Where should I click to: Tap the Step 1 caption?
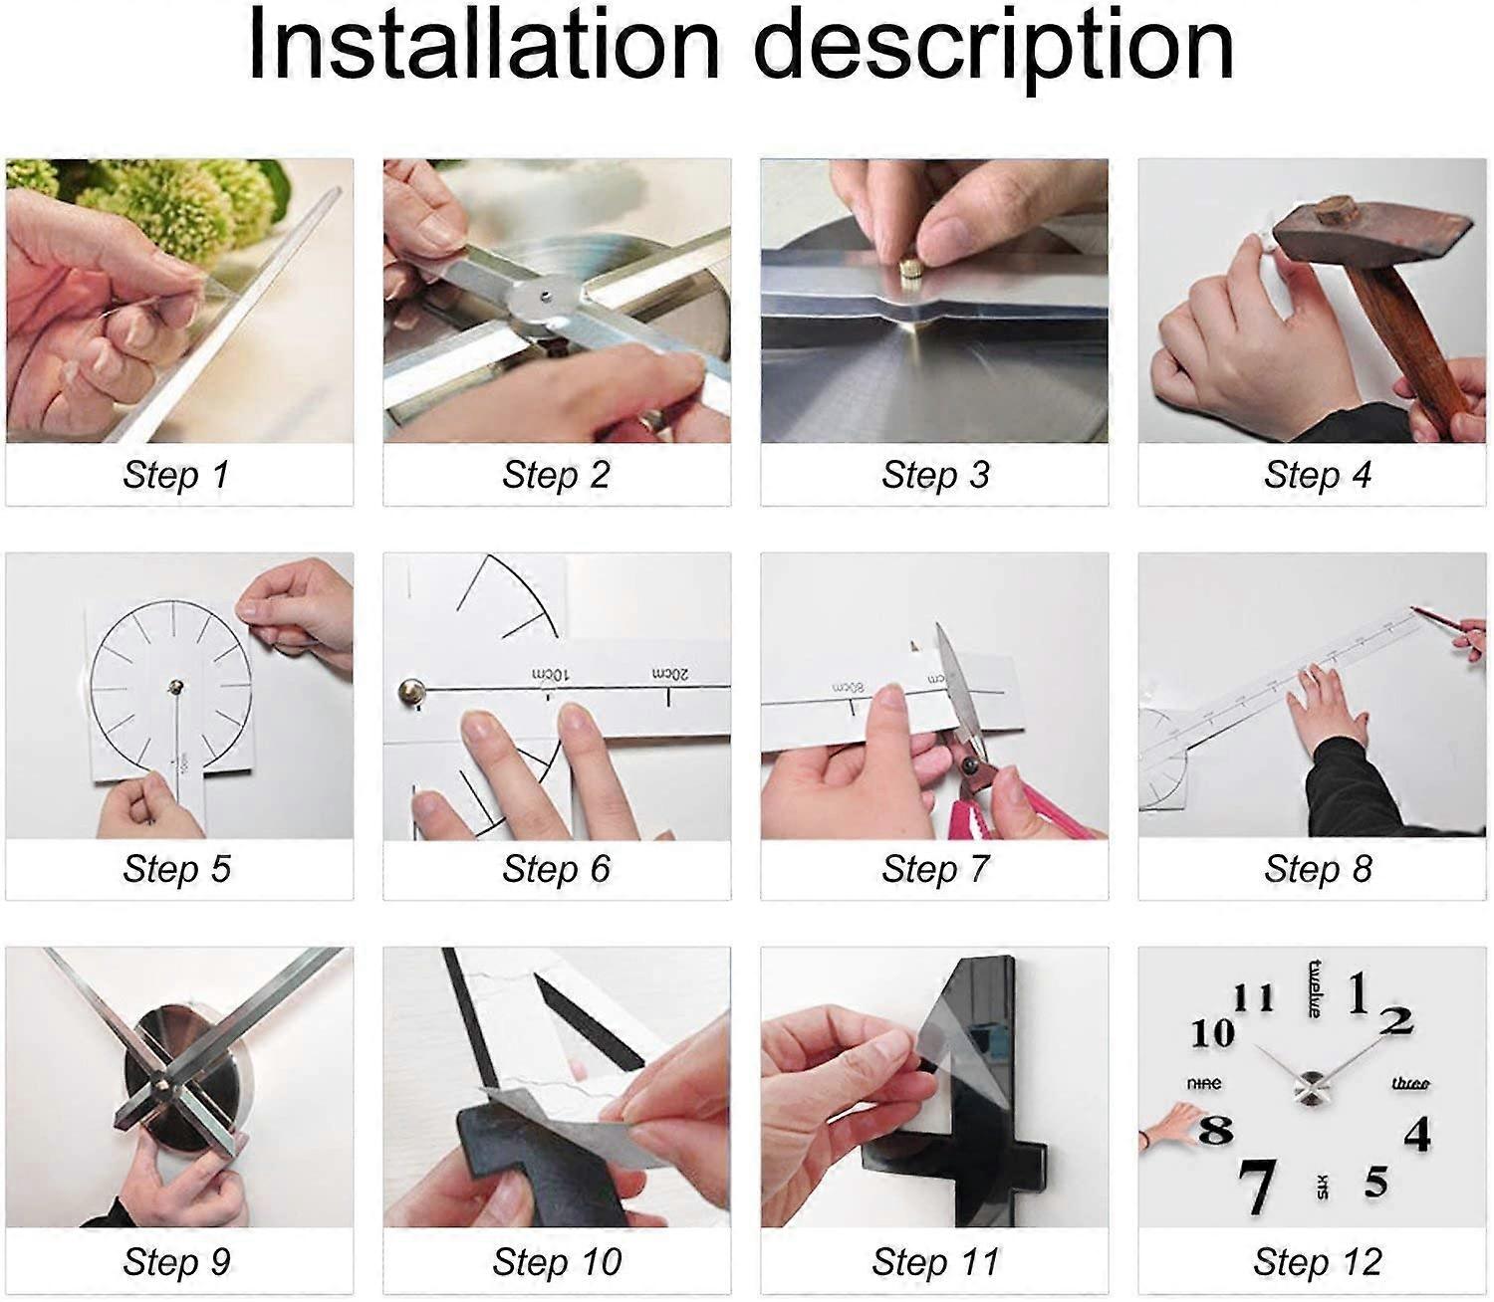coord(176,475)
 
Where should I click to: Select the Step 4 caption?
coord(1317,475)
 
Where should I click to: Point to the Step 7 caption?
coord(934,869)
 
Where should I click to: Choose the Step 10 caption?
coord(557,1262)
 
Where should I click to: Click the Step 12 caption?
coord(1317,1262)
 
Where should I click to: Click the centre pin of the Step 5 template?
coord(176,686)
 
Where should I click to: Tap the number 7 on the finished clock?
coord(1257,1186)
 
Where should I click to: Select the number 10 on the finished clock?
coord(1212,1033)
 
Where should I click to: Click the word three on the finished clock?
coord(1410,1083)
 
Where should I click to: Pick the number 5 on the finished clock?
coord(1376,1182)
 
